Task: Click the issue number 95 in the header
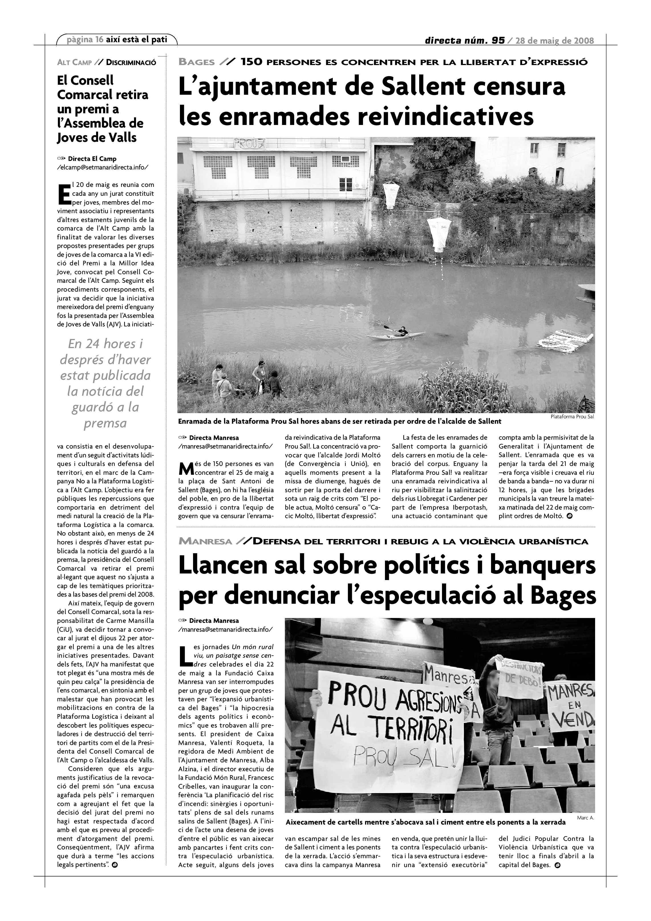(x=498, y=41)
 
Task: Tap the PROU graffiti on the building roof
(x=245, y=143)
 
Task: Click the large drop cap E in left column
(x=64, y=194)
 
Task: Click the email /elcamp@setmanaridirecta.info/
(x=103, y=167)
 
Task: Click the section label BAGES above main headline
(x=196, y=62)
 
